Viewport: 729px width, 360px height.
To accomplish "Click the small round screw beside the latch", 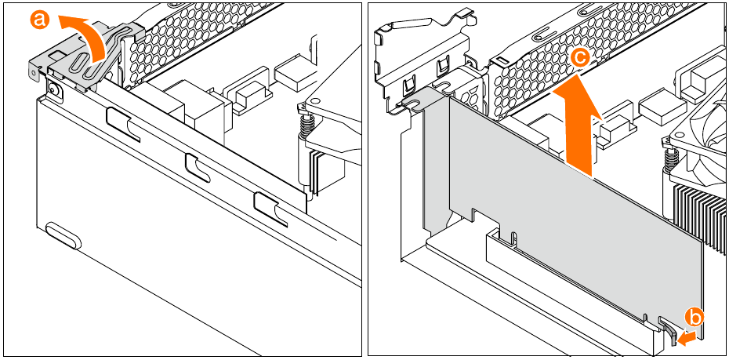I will point(54,89).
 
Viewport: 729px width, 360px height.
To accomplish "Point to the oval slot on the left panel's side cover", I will point(63,235).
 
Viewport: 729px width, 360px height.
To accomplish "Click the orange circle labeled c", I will point(579,56).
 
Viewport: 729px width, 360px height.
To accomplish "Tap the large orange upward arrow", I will point(579,125).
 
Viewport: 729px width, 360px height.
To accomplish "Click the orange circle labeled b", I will point(695,318).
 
